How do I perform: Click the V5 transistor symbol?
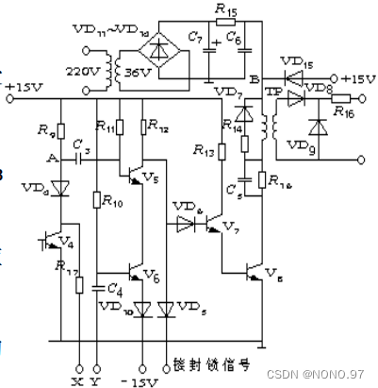coord(140,174)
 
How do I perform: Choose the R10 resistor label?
coord(112,200)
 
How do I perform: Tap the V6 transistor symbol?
coord(140,273)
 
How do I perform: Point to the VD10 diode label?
coord(112,310)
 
